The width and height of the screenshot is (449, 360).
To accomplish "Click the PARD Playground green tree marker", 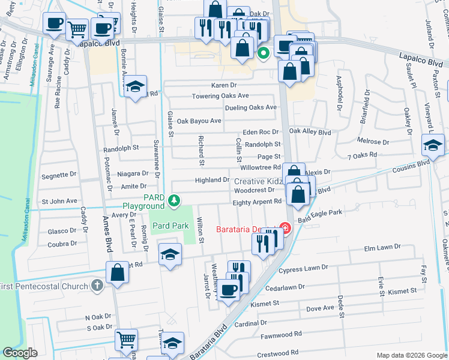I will point(174,200).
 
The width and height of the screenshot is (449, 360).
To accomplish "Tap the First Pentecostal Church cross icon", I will point(97,286).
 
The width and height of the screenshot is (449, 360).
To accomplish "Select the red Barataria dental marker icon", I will point(285,229).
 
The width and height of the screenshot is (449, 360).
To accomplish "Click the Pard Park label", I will point(170,226).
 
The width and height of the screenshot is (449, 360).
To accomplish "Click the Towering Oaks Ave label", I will point(220,96).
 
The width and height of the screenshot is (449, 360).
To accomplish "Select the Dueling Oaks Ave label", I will point(250,108).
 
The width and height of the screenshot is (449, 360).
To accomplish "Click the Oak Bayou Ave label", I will point(199,121).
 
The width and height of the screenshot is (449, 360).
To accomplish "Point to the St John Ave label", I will point(59,201).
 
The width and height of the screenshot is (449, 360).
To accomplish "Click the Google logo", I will point(20,353).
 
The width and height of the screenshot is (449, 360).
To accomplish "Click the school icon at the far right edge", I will point(433,145).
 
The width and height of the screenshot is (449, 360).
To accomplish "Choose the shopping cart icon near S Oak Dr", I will point(127,340).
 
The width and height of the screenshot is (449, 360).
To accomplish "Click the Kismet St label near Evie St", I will point(402,291).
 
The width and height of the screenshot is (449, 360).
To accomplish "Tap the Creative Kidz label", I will point(258,181).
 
